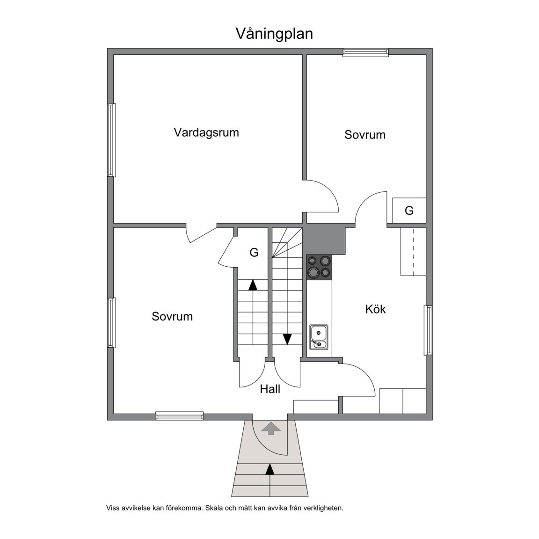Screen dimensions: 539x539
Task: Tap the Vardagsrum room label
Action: coord(206,132)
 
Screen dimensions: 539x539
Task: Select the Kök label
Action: coord(375,309)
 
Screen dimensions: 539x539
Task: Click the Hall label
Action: coord(270,389)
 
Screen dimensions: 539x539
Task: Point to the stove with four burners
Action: coord(320,267)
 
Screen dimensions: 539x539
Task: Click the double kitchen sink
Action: coord(319,337)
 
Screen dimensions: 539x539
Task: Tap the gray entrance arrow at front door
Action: coord(271,428)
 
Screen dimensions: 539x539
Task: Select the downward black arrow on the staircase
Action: coord(287,339)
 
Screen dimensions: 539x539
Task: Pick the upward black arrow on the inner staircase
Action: coord(253,285)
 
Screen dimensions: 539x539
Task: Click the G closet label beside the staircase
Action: coord(254,253)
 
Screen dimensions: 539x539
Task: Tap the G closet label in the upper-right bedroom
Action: coord(409,211)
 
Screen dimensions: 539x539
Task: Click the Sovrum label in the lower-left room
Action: coord(172,316)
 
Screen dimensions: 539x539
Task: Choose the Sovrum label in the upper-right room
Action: coord(365,135)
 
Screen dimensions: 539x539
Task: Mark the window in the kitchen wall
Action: coord(428,330)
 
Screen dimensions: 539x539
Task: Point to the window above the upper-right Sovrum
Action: coord(366,52)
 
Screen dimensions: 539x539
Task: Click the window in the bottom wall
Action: coord(180,416)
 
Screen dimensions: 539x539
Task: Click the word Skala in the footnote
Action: coord(213,508)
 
